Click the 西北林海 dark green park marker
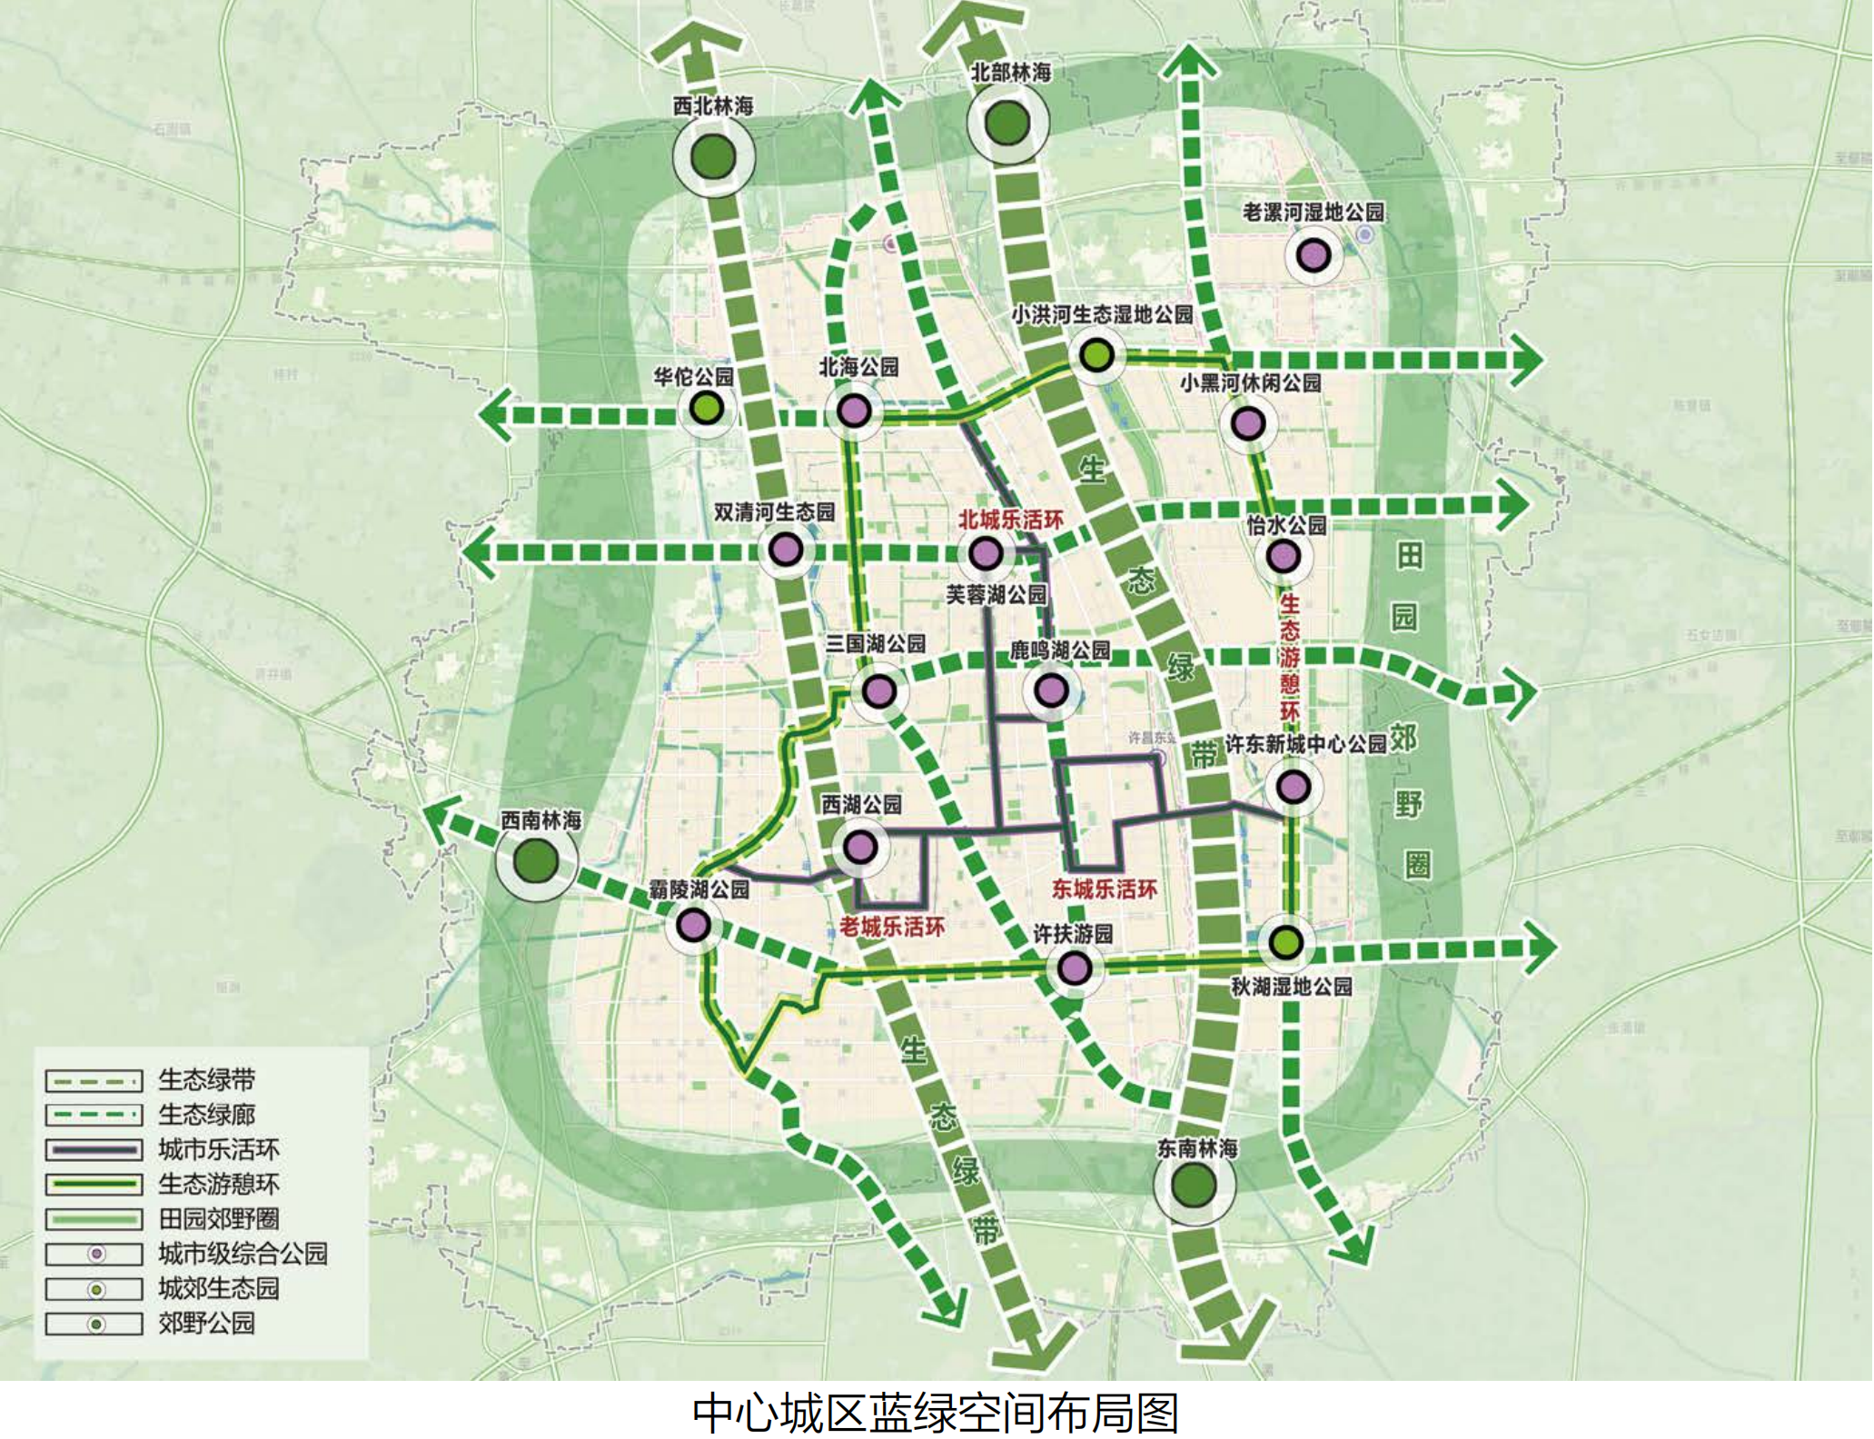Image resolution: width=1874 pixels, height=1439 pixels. [713, 157]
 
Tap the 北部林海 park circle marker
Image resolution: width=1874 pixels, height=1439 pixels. [1007, 124]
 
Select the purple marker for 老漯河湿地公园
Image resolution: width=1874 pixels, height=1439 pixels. [1314, 256]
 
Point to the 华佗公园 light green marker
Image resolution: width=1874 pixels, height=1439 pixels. [707, 408]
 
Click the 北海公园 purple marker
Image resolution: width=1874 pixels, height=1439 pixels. [854, 411]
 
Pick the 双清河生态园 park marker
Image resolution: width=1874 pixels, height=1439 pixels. [786, 550]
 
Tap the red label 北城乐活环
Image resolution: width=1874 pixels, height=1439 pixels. [1010, 520]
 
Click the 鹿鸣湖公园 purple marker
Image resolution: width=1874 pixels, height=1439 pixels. [1052, 691]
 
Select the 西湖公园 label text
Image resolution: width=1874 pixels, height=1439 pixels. [861, 805]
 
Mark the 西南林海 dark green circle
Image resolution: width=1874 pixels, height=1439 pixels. [536, 860]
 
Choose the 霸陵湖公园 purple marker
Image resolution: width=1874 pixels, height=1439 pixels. [694, 926]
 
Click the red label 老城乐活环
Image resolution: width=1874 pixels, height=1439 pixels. [891, 927]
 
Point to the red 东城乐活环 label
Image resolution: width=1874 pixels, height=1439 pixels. [1105, 889]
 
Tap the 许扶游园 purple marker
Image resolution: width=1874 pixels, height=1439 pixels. [1075, 968]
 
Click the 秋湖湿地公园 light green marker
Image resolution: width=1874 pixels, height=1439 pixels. [1285, 943]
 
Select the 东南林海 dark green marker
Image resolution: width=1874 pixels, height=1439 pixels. [1194, 1185]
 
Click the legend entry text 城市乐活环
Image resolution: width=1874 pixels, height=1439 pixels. [219, 1149]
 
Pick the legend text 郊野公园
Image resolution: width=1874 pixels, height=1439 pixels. [206, 1323]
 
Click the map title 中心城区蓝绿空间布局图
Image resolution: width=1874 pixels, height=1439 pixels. [936, 1413]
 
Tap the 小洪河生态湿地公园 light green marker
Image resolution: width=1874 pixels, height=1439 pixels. [1097, 355]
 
